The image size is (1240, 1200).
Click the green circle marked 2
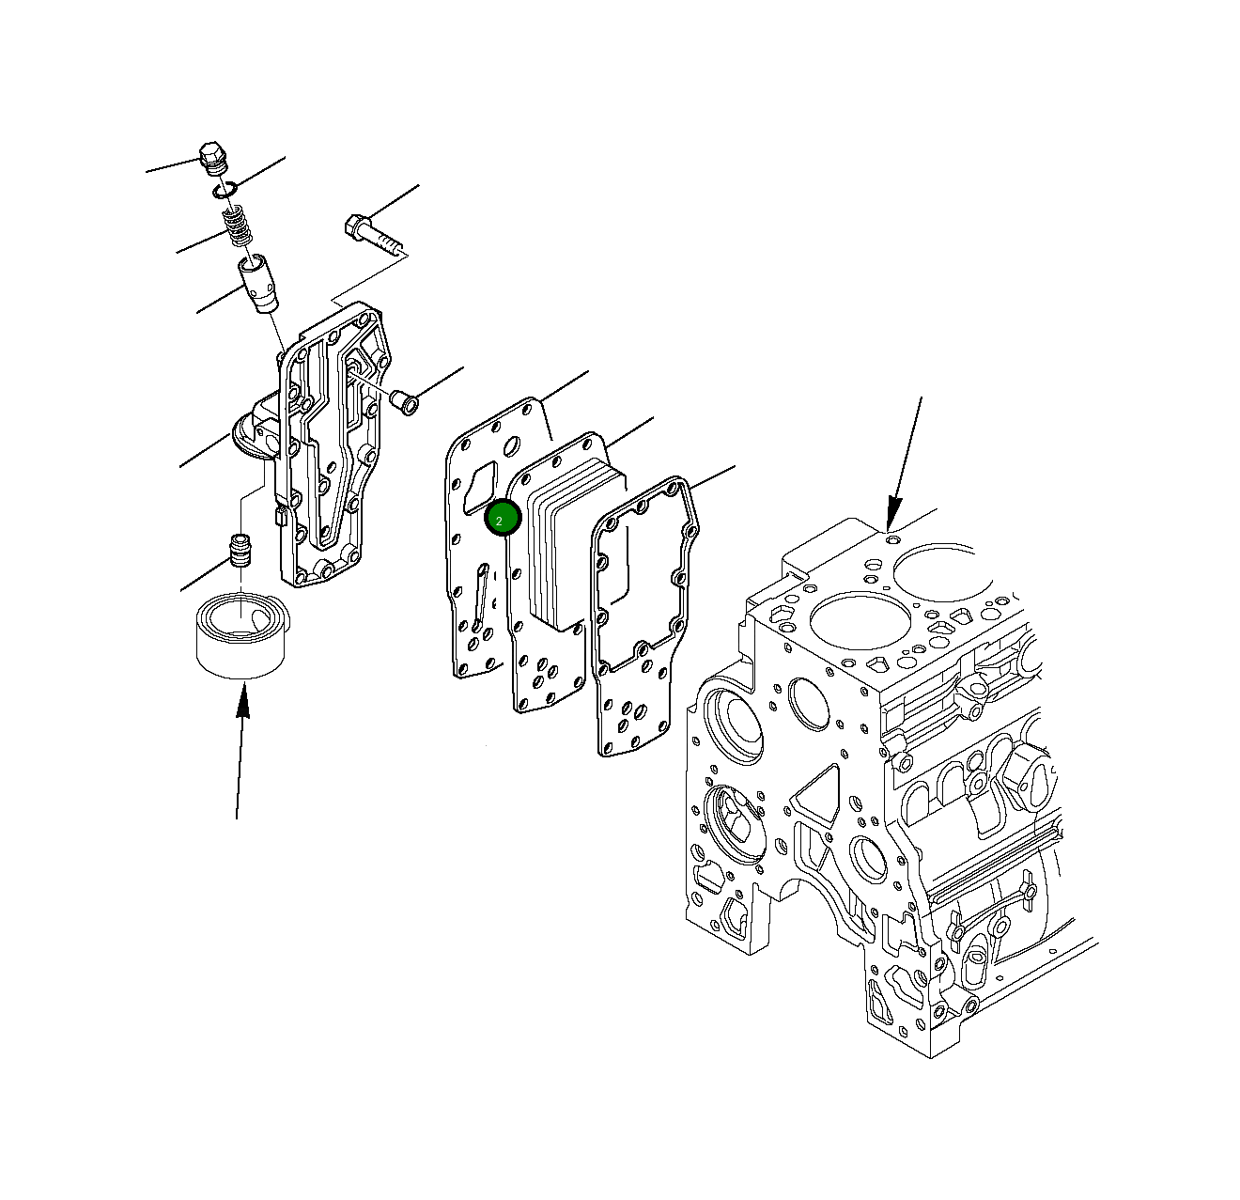pos(502,519)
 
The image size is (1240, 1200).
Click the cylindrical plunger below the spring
pos(258,282)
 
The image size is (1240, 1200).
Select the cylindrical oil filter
pos(242,634)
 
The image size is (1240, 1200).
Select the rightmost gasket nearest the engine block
pos(639,658)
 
